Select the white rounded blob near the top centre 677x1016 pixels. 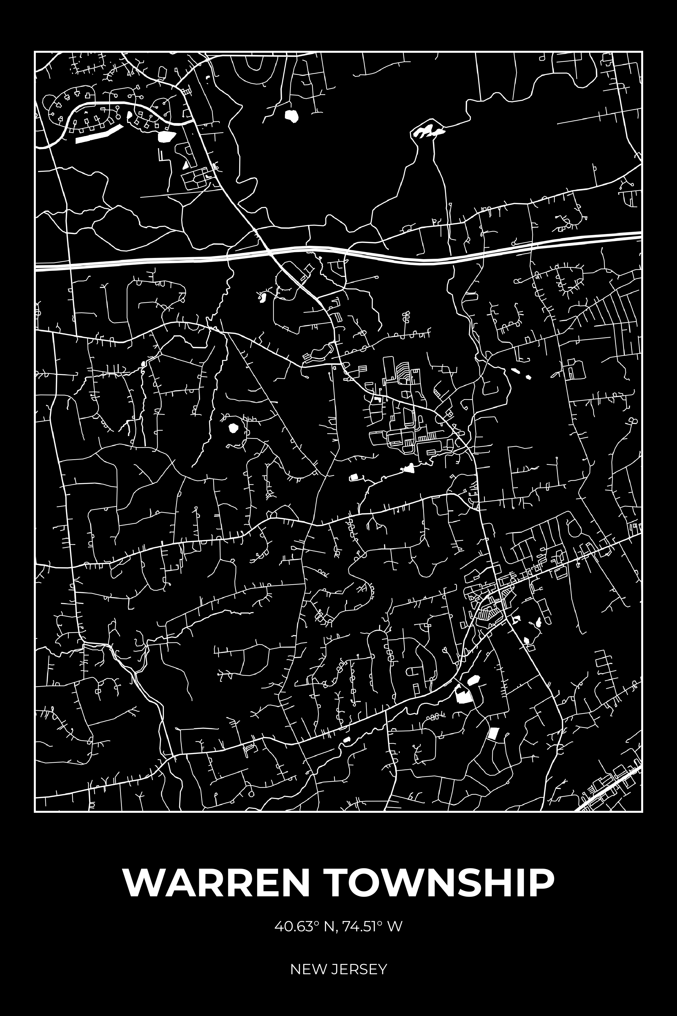pyautogui.click(x=291, y=115)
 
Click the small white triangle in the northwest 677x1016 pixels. pyautogui.click(x=185, y=165)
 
